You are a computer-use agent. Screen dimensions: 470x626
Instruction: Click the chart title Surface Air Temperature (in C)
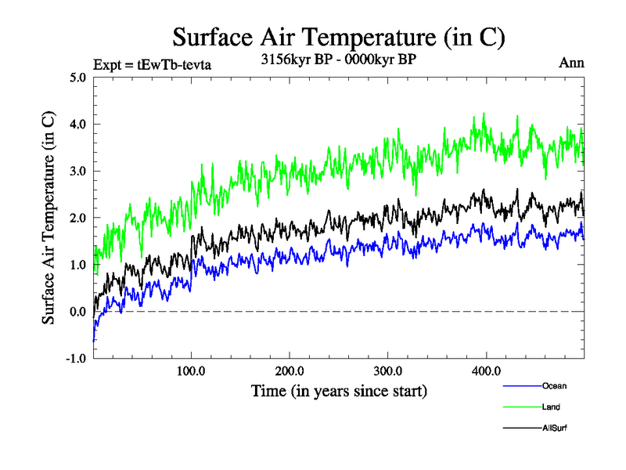338,37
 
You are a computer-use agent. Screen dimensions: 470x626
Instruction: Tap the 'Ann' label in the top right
571,63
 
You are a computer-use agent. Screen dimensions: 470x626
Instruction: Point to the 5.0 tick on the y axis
77,77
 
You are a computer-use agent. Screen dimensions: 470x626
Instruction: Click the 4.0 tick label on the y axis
77,124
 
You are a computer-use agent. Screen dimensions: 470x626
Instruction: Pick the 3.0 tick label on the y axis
77,171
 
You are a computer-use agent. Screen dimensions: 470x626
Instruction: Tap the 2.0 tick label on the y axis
77,218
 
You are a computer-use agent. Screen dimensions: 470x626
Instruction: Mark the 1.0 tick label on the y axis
77,265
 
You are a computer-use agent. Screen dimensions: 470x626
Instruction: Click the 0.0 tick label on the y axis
77,312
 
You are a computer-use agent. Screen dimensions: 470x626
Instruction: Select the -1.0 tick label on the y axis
75,359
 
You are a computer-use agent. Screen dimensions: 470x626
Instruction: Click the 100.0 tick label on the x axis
191,371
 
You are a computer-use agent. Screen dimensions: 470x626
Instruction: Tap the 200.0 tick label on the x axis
290,371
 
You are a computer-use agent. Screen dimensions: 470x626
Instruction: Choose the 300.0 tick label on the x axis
388,371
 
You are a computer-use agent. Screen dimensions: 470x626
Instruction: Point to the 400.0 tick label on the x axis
486,371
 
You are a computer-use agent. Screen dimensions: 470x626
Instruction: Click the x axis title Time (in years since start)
339,390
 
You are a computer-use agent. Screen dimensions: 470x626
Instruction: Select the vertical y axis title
49,218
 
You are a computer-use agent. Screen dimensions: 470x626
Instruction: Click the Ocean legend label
553,386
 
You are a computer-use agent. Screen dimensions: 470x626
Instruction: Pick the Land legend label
550,407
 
